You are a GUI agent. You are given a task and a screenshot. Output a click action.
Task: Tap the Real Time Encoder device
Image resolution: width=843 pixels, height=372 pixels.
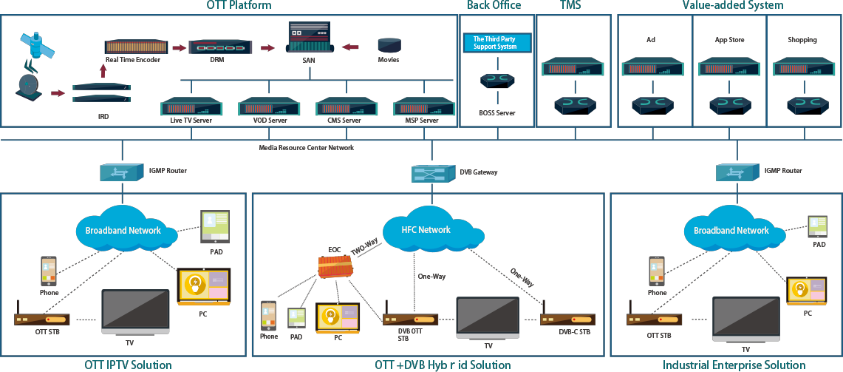tap(136, 47)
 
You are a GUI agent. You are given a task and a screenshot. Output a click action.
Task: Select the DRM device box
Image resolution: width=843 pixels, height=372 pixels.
tap(220, 47)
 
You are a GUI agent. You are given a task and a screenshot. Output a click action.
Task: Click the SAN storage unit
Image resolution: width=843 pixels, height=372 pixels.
tap(310, 37)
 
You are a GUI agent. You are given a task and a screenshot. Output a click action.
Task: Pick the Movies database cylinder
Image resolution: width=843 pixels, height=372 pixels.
tap(388, 44)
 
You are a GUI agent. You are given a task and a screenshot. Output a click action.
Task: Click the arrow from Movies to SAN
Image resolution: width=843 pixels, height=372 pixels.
tap(350, 47)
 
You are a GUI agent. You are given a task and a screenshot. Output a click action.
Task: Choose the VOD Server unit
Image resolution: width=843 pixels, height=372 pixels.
tap(270, 106)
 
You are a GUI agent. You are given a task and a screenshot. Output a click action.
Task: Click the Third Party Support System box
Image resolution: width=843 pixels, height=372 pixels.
tap(497, 43)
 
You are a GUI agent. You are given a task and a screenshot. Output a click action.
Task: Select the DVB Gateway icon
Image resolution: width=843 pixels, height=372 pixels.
tap(432, 173)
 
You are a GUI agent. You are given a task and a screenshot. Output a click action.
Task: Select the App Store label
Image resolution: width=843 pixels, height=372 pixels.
tap(729, 40)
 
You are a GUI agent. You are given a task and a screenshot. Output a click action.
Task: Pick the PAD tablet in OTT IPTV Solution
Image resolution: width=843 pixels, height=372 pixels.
tap(215, 226)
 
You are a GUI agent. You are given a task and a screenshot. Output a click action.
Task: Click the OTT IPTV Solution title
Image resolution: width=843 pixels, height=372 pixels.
tap(128, 365)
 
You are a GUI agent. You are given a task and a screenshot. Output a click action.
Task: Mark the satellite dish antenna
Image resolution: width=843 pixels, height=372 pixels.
tap(28, 89)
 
